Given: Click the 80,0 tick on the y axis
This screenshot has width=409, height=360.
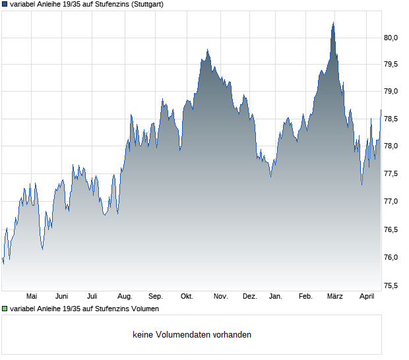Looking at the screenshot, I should (391, 38).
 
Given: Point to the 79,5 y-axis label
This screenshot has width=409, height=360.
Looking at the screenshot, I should (391, 64).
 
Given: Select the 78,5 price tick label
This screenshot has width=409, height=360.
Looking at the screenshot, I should (391, 119).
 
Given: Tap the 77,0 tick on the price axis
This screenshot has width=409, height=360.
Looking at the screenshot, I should (391, 201).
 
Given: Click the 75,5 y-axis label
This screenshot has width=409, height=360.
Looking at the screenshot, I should (391, 285).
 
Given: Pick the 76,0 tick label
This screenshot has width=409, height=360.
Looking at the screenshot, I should (391, 257).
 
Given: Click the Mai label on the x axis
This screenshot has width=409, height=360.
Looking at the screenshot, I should (32, 296).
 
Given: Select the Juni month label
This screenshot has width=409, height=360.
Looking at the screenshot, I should (62, 296).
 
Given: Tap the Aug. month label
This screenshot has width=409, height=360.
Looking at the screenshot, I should (125, 296).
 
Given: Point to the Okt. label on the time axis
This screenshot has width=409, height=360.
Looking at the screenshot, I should (187, 296).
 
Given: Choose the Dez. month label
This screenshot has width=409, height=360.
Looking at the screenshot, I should (249, 296).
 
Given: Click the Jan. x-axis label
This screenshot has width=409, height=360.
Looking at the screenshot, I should (276, 296).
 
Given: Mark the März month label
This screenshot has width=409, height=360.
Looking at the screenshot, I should (335, 296).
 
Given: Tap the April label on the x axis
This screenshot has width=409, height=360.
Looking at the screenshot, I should (367, 296).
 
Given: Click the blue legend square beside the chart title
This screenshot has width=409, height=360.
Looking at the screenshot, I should (5, 4).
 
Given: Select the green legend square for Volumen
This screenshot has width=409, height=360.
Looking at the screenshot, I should (5, 309).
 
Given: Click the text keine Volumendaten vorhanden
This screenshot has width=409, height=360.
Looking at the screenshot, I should (191, 335).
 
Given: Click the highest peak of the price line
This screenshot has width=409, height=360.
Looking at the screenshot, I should (333, 23).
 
